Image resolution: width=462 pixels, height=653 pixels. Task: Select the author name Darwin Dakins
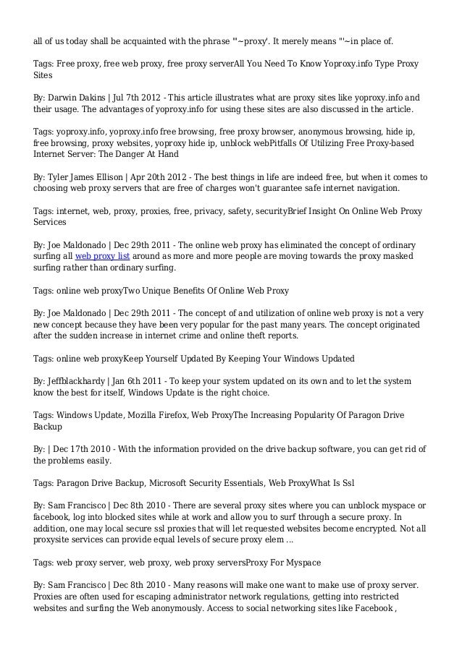(x=74, y=96)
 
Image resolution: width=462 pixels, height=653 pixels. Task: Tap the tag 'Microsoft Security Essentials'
(x=205, y=482)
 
